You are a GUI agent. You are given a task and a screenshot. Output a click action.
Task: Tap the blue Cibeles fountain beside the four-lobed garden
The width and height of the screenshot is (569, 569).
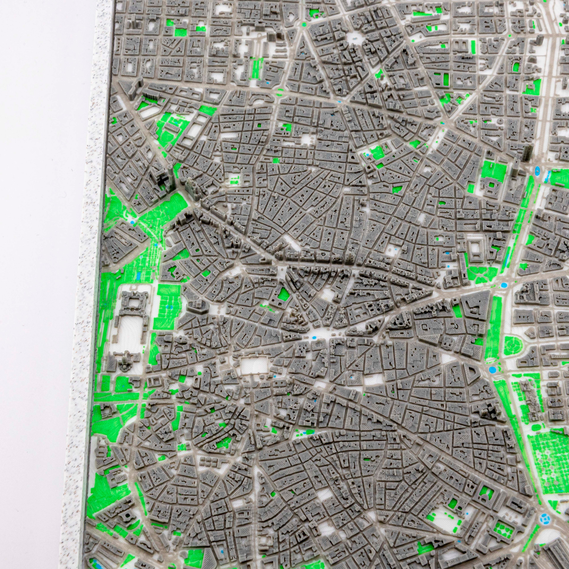502,285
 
